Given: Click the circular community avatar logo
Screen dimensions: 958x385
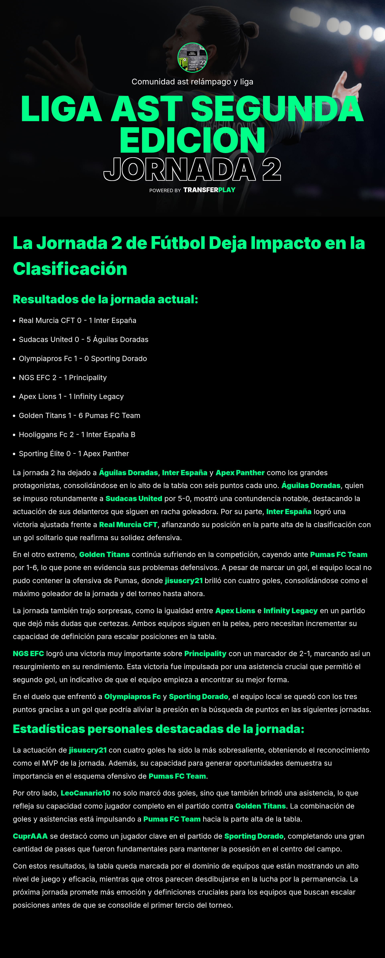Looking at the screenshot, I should point(192,58).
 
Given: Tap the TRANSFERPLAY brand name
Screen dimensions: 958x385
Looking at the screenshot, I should point(209,190).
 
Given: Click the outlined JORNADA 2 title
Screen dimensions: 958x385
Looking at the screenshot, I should point(192,169).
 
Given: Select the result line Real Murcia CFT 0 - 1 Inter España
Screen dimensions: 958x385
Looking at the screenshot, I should point(77,321).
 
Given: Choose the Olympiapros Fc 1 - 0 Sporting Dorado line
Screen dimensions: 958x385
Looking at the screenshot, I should point(82,358).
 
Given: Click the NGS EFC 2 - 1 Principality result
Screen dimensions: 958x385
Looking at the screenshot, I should point(62,378).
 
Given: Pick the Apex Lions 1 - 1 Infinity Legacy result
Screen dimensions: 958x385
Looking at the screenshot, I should point(71,396).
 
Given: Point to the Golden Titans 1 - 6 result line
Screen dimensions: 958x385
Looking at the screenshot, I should point(79,415).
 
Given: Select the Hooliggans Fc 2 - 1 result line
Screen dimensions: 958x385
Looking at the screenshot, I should point(77,434).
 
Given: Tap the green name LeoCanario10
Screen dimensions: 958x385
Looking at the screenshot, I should point(85,793).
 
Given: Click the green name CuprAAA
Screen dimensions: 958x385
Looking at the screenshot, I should point(30,836).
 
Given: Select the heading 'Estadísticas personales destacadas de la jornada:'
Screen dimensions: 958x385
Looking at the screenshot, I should point(158,729).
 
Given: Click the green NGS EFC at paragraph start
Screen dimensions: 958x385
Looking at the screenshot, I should point(28,654).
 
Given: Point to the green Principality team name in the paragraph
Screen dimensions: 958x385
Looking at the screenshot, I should point(205,654).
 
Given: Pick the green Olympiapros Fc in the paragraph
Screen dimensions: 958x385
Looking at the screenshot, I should point(132,697).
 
